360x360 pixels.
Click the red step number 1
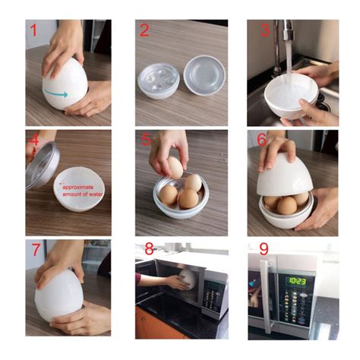click(x=33, y=30)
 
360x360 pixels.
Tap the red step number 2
click(x=144, y=30)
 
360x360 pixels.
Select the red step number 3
click(x=265, y=30)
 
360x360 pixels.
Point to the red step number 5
click(x=146, y=140)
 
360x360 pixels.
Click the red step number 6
click(x=262, y=140)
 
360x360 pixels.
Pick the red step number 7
click(x=36, y=250)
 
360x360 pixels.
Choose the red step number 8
click(x=150, y=249)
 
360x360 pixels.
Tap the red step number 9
click(x=264, y=249)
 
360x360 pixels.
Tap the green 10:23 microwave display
click(x=296, y=281)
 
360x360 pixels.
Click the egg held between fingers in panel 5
click(x=175, y=167)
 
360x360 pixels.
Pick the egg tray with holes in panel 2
click(x=159, y=81)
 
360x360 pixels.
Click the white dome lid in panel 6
click(x=285, y=175)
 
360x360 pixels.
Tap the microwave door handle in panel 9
click(x=265, y=295)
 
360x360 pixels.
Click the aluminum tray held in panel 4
click(x=43, y=166)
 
